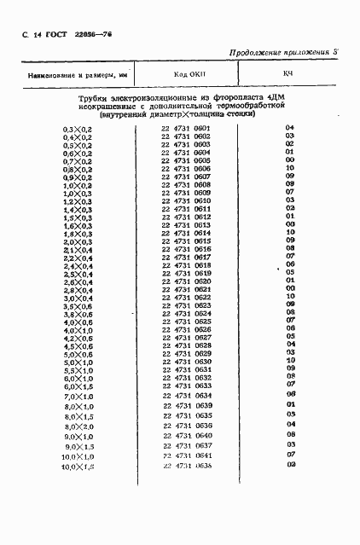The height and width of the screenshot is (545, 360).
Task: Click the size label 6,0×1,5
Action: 78,386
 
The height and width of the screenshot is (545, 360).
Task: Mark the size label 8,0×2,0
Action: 78,426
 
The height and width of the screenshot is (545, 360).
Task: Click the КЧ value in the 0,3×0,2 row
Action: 290,128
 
